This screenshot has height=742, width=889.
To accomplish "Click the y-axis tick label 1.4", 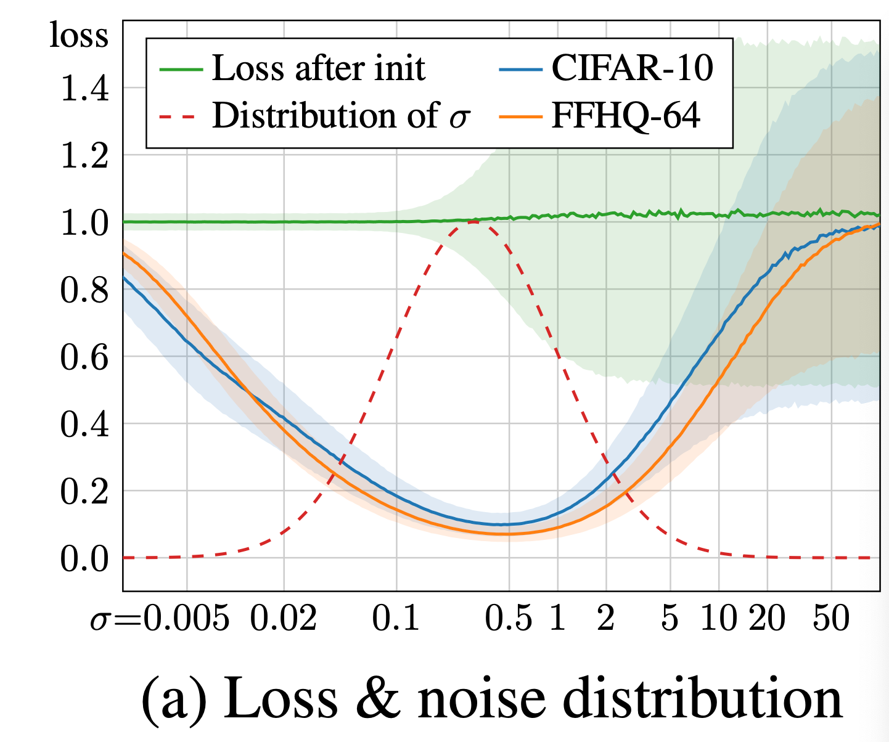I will point(84,89).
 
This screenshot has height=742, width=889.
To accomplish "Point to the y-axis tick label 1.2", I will point(84,156).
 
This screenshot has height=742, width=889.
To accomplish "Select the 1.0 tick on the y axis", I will point(84,223).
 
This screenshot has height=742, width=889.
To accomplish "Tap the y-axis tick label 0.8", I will point(84,290).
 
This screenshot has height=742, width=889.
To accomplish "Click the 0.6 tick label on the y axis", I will point(84,357).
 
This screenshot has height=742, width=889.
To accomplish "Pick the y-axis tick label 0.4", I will point(84,425).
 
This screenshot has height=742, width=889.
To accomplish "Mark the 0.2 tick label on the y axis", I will point(84,492).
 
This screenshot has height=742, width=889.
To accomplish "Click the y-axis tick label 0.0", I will point(84,559).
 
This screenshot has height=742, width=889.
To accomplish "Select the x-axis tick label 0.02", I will point(284,617).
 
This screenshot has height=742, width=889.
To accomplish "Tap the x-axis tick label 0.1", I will point(396,617).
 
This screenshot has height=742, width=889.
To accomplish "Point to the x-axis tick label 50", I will point(831,617).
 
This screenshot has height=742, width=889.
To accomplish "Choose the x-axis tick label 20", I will point(768,617).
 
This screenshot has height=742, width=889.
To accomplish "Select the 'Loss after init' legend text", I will point(318,68).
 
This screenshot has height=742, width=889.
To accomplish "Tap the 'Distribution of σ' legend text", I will point(341,115).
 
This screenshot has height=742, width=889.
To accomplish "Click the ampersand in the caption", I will point(377,698).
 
